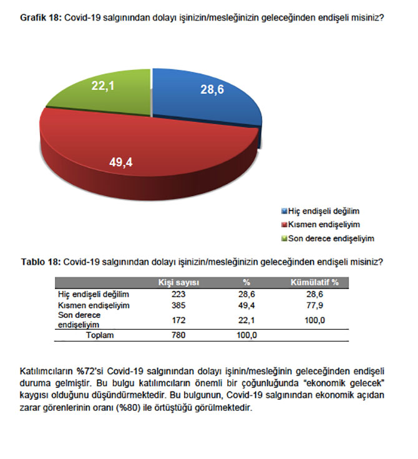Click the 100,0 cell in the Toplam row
point(246,335)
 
